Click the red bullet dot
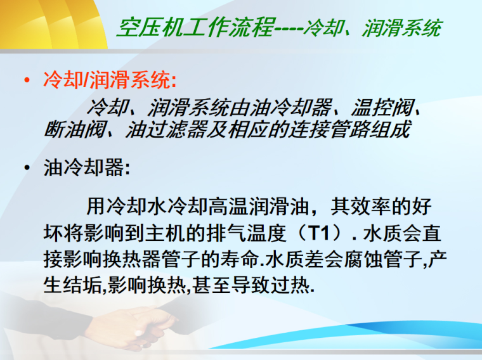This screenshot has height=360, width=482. click(26, 81)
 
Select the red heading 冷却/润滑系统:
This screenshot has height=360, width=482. click(110, 80)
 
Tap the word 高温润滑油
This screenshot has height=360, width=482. click(254, 207)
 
